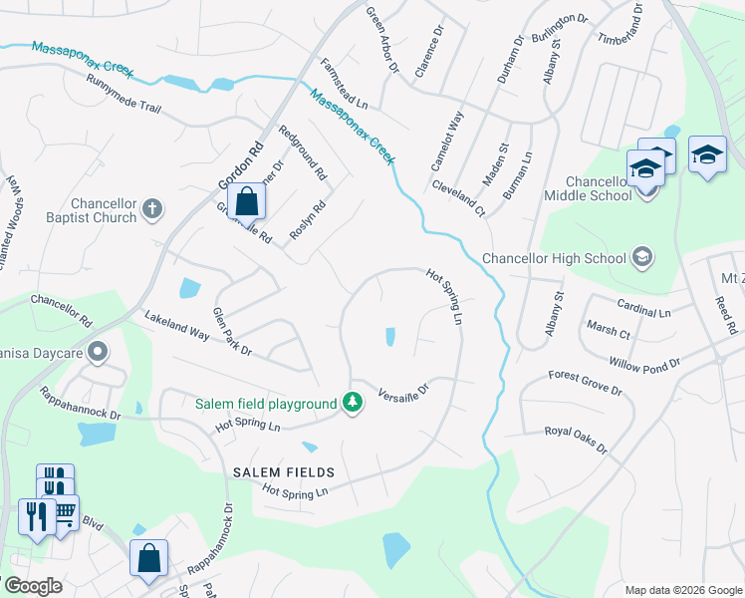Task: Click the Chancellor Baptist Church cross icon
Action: pos(151,208)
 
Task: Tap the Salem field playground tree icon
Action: pos(351,403)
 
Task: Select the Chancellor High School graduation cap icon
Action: pos(642,258)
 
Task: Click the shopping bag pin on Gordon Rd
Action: pos(246,201)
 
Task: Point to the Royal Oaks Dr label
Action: pos(575,438)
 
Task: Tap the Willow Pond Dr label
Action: pos(643,362)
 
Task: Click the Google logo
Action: pos(34,586)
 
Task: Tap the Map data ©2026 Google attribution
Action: pos(681,589)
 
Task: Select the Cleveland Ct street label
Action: pos(458,198)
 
